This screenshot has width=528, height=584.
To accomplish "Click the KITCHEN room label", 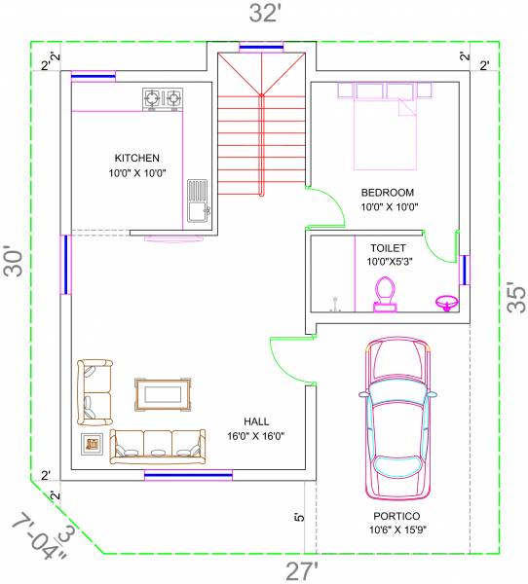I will coord(137,158).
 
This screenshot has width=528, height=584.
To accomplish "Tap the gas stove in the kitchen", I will coord(163,97).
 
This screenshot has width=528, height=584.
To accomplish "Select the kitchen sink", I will coord(197,201).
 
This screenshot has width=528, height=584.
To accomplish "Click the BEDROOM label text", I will coord(387,192).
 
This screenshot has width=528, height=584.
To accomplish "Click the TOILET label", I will coord(387,247).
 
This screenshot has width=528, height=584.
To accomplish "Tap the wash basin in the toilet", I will coord(447,301).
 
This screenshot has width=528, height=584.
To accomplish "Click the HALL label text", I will coord(256,420).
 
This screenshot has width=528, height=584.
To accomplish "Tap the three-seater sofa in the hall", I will coord(158,444).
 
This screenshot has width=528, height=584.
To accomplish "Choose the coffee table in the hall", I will coord(163,393).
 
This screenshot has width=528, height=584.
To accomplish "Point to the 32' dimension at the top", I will coord(264,13).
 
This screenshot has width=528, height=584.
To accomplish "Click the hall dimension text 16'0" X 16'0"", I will coord(256,435).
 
